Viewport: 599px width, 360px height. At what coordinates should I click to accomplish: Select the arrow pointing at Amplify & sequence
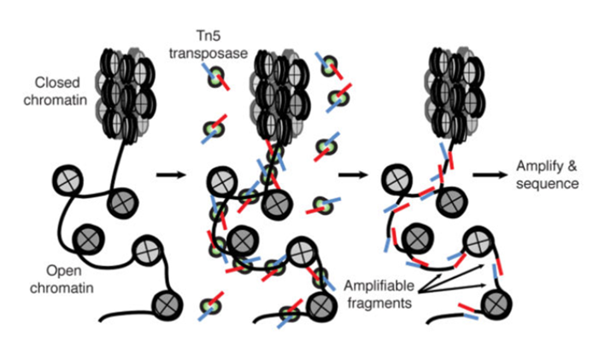tap(489, 174)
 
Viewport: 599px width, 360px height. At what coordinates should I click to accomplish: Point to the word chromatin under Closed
tap(60, 98)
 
